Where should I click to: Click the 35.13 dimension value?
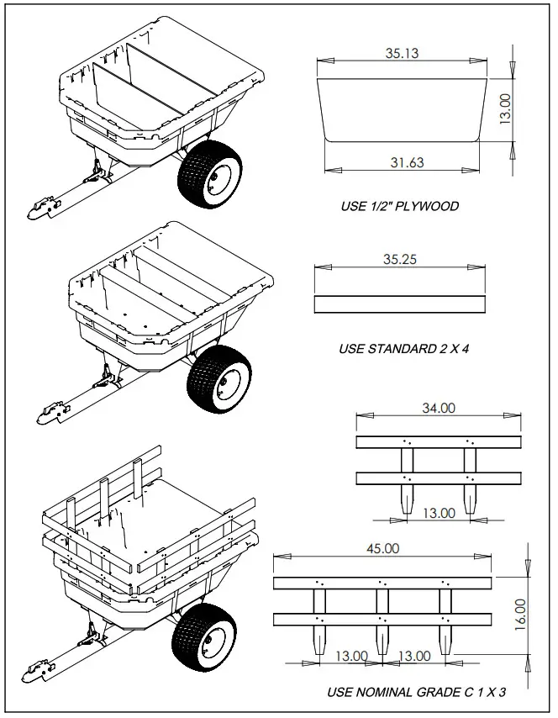pyautogui.click(x=402, y=53)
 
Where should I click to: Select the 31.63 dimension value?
pyautogui.click(x=406, y=162)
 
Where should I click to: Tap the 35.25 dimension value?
pyautogui.click(x=399, y=259)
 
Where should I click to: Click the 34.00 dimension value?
pyautogui.click(x=438, y=408)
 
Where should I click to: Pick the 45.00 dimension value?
pyautogui.click(x=382, y=547)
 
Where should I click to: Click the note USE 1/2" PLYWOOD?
pyautogui.click(x=399, y=206)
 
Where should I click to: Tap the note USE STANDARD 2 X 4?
pyautogui.click(x=403, y=348)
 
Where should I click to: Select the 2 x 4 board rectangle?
pyautogui.click(x=399, y=304)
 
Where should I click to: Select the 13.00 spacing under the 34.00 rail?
pyautogui.click(x=438, y=512)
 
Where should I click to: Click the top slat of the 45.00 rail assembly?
pyautogui.click(x=382, y=583)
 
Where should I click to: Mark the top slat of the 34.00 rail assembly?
pyautogui.click(x=438, y=442)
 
